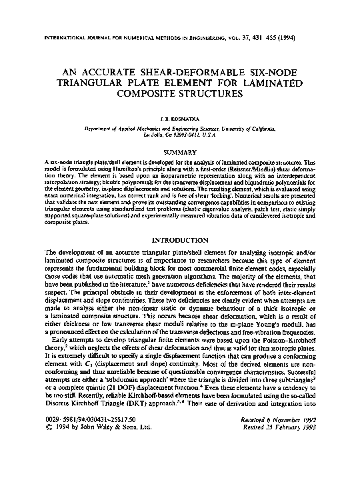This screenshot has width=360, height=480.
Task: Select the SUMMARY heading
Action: coord(180,152)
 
